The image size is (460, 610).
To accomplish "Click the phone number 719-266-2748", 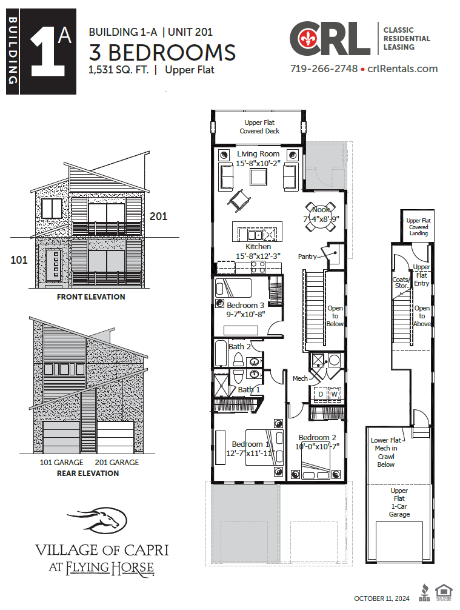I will pos(324,69).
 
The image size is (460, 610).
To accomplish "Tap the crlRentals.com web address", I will pos(402,69).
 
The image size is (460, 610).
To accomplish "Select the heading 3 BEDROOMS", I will pos(162,53).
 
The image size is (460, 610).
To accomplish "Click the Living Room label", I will pos(258,154).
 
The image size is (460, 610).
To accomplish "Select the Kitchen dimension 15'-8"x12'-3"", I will pos(258,256).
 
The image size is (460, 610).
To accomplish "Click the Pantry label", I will pos(307,256).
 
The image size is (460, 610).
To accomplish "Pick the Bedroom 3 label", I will pos(245,305).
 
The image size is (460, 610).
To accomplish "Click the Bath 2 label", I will pos(239,347).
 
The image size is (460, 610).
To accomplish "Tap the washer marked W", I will pos(334,394).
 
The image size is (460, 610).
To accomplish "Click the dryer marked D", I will pos(321,394).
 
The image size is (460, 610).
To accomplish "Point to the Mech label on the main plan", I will pos(300,378).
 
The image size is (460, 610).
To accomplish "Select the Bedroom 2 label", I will pos(317,438).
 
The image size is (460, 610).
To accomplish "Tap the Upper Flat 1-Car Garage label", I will pos(399,503).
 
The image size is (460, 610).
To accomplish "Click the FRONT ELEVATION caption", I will pos(91,297).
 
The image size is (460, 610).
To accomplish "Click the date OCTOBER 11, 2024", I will pos(382,599).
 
